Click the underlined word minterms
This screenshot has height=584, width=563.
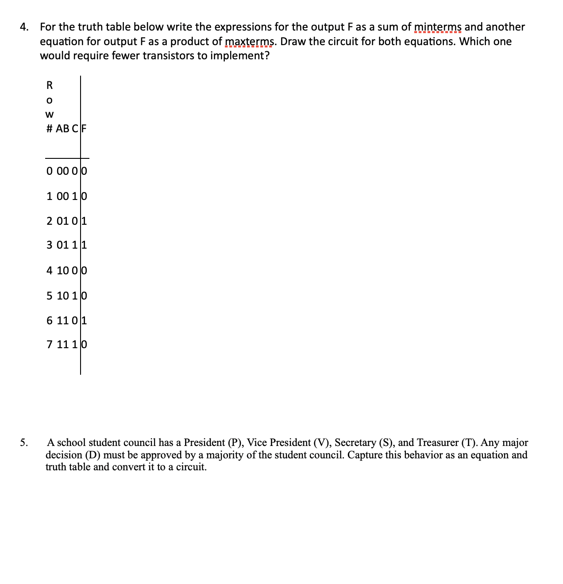[438, 27]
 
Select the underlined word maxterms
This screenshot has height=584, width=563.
[250, 42]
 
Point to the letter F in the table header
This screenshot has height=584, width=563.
[84, 129]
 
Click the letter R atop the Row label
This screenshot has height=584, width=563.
[50, 85]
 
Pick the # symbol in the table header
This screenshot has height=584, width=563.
[50, 129]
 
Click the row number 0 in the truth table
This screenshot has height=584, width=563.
[50, 171]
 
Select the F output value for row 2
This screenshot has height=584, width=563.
[84, 221]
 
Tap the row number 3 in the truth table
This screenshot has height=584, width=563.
[50, 245]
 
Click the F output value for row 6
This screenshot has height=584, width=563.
[84, 320]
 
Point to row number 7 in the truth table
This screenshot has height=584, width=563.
[50, 344]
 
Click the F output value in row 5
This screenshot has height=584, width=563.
[84, 295]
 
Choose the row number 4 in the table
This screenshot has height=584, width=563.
[50, 270]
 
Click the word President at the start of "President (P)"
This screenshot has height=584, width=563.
[204, 442]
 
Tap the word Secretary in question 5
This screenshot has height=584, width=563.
[355, 442]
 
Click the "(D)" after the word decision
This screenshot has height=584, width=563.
[92, 455]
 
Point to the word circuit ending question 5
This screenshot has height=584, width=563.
[191, 467]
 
